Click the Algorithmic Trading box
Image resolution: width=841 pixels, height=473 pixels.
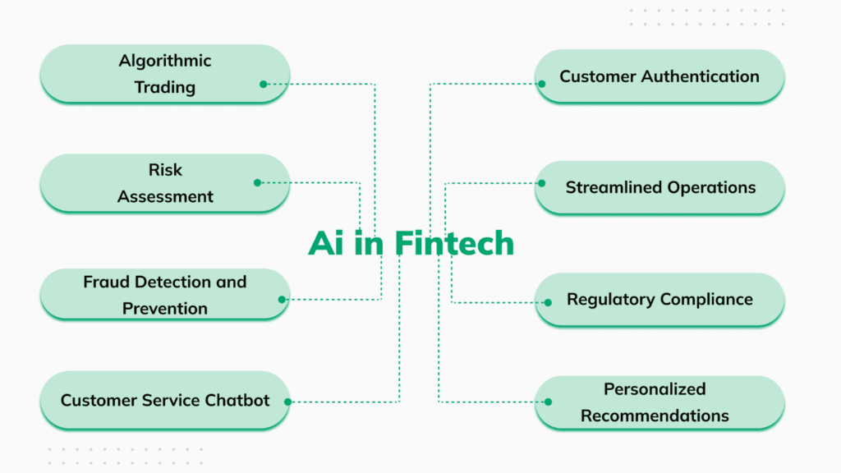164,74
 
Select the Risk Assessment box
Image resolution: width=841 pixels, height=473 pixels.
164,183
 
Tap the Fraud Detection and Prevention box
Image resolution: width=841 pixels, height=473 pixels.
164,295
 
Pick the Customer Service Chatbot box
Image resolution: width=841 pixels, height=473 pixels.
164,401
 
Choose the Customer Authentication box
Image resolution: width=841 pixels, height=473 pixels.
659,76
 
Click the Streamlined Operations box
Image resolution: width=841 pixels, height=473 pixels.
659,187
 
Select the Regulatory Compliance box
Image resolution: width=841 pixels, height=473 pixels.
659,299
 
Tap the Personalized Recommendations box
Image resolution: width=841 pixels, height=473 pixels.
659,402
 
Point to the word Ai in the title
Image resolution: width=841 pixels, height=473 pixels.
326,243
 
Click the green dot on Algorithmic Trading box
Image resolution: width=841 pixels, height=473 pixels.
264,84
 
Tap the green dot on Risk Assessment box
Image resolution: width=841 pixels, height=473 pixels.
257,182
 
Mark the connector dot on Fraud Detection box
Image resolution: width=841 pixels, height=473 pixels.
282,300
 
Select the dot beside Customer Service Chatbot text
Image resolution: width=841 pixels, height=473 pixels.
288,402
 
